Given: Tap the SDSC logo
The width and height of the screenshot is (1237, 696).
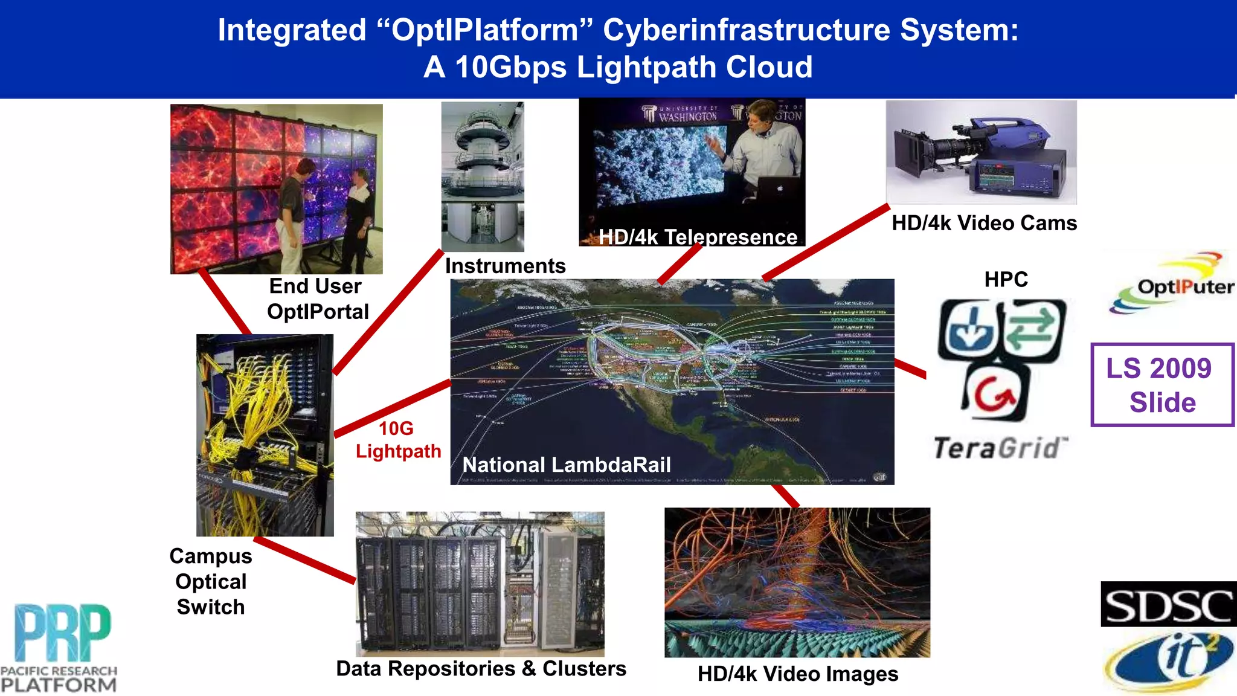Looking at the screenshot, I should tap(1168, 604).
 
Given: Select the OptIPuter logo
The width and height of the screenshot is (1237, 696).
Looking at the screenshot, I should tap(1172, 284).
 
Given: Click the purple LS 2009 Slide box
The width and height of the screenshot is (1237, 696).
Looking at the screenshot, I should tap(1162, 385).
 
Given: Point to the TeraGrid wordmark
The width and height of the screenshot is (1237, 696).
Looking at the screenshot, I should tap(1000, 448).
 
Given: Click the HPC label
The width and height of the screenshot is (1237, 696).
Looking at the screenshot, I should tap(1006, 279).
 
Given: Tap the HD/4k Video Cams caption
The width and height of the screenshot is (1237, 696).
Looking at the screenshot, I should tap(984, 223).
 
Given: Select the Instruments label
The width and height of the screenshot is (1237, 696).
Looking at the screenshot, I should tap(505, 266).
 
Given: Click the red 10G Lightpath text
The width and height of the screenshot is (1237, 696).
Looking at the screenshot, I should tap(398, 440).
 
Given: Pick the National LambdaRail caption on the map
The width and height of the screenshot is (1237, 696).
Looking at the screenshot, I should tap(567, 465).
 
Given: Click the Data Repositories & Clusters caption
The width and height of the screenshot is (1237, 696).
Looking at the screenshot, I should tap(481, 668).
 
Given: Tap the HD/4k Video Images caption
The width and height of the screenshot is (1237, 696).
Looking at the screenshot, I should tap(797, 674).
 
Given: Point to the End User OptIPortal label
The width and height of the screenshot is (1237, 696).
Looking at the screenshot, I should tap(317, 298).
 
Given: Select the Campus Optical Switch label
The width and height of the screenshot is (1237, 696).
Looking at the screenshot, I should tap(211, 581).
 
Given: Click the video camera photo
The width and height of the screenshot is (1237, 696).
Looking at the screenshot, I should tap(981, 152).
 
